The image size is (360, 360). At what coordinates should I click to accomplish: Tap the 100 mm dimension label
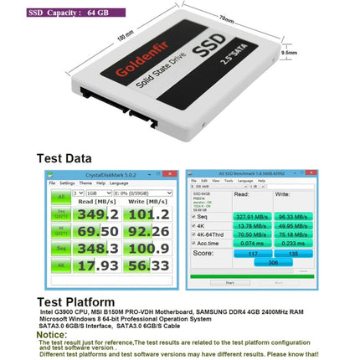[x=102, y=38]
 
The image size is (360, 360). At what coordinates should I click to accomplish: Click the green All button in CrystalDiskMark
[x=60, y=198]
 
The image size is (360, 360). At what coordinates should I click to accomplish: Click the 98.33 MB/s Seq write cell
[x=293, y=216]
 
